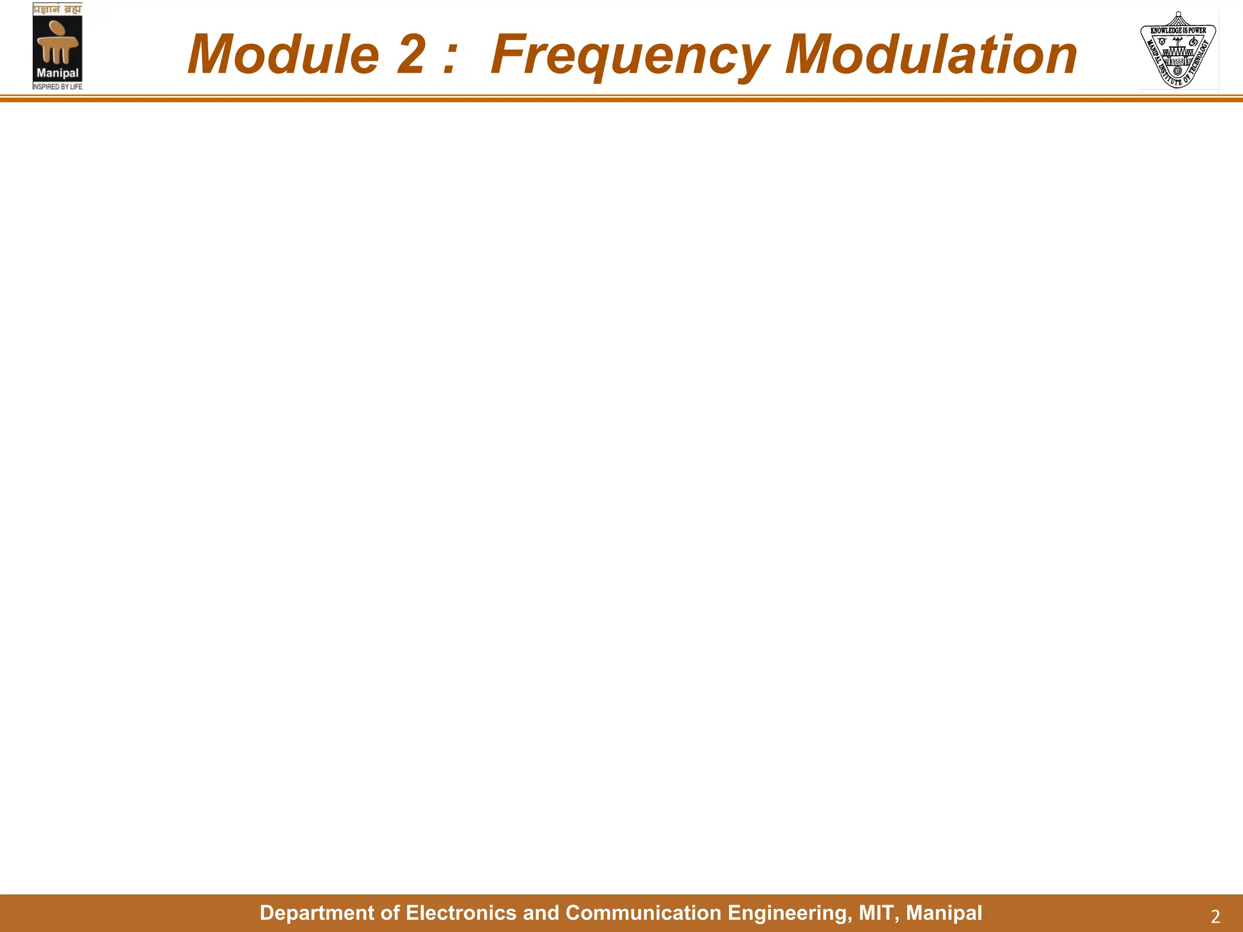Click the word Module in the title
click(283, 55)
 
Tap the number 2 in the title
click(412, 55)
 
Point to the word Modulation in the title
click(931, 55)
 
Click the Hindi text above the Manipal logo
click(57, 9)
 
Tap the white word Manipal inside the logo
click(58, 73)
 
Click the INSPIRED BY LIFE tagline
click(58, 87)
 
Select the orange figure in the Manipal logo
click(57, 42)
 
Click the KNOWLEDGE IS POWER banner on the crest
click(1178, 30)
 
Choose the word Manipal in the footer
click(944, 913)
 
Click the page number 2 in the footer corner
click(1215, 916)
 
